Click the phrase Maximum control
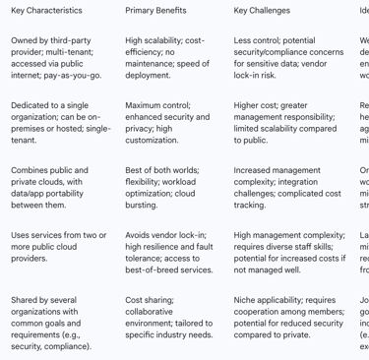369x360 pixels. pos(157,104)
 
